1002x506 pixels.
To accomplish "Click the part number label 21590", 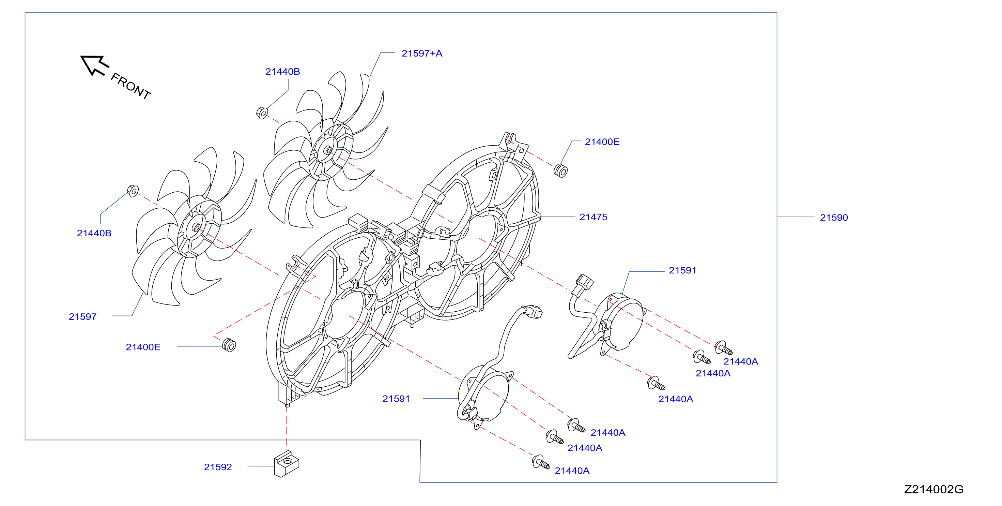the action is [834, 218].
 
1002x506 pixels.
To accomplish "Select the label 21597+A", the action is [422, 53].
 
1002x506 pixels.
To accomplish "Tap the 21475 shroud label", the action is [593, 217].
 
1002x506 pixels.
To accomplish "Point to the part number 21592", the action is [218, 467].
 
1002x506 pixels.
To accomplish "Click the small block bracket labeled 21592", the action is [287, 464].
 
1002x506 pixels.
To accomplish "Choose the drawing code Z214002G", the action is [934, 489].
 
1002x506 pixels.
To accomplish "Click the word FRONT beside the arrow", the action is [131, 86].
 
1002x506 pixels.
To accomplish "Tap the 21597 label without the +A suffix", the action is [82, 316].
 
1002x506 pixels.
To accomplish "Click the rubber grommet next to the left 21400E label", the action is [229, 345].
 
